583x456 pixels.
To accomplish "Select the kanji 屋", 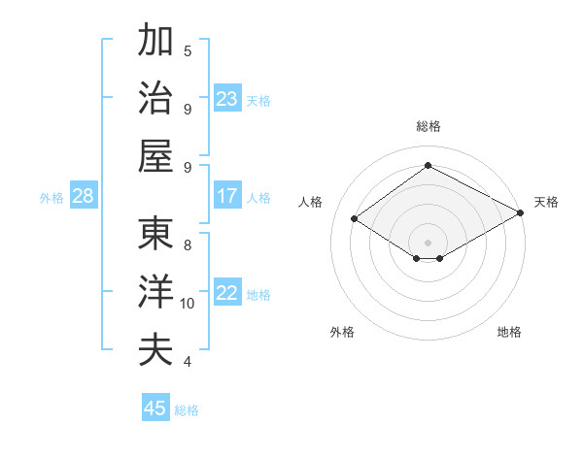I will tap(155, 155).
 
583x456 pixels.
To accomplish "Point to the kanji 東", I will tap(155, 234).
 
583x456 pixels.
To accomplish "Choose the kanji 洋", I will tap(155, 292).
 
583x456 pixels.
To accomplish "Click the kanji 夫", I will tap(155, 349).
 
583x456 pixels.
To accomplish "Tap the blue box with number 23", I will tap(227, 99).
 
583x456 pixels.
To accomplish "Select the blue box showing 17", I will tap(227, 196).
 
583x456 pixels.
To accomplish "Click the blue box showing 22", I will tap(227, 294).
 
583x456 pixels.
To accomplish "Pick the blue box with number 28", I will tap(83, 196).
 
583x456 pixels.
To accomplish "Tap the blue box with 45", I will tap(155, 408).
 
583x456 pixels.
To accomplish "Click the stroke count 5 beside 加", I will tap(188, 51).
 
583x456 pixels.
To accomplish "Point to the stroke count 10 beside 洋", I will tap(188, 304).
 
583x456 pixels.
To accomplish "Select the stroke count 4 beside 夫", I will tap(188, 362).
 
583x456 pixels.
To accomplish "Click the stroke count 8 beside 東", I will tap(188, 245).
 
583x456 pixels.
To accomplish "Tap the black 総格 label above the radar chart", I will tap(428, 126).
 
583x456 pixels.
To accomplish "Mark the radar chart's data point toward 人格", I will tap(355, 219).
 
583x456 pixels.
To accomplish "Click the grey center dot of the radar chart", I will tap(428, 241).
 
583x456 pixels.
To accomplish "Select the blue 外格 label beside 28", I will tap(51, 197).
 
